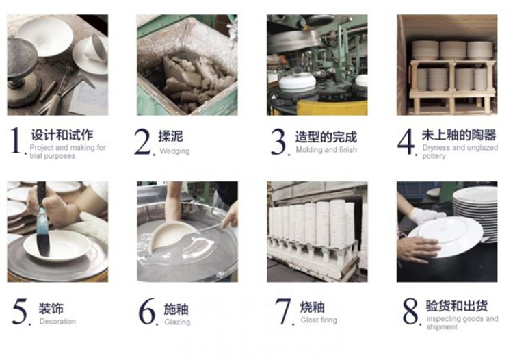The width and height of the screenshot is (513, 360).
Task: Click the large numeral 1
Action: coord(16,140)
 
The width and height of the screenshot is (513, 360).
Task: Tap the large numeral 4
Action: coord(406,141)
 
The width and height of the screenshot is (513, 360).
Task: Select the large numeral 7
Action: coord(282,311)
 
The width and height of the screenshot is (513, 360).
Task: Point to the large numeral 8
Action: coord(410,311)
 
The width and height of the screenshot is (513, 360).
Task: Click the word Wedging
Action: coord(174,151)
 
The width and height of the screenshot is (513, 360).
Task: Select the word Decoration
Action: coord(57,322)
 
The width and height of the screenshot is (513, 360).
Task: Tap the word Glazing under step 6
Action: coord(177,322)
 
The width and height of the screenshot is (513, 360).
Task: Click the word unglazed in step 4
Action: coord(483,148)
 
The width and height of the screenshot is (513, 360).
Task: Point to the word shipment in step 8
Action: coord(442,327)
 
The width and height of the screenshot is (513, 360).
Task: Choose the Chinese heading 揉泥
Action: coord(170,136)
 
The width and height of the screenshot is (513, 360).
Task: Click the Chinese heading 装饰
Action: coord(51,308)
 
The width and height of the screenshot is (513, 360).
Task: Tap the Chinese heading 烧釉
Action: coord(313,307)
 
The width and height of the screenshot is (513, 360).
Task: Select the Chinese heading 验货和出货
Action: coord(457,306)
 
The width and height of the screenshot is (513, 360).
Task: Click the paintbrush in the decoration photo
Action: coord(42,219)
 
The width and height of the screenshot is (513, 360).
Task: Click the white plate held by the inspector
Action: coord(446,236)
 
